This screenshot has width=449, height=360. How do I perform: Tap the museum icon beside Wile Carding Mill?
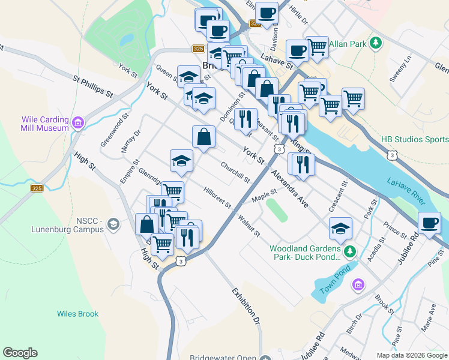[78, 124]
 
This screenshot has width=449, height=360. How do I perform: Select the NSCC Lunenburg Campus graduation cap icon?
[113, 224]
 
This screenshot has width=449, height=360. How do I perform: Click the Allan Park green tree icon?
[376, 43]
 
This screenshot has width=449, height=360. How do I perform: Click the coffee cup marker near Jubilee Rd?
[429, 223]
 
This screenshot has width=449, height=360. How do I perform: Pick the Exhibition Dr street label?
[247, 306]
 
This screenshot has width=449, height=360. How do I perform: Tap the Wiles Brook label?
[78, 314]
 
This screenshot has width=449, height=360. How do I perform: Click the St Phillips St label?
[93, 86]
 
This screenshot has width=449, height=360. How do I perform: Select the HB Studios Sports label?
[414, 140]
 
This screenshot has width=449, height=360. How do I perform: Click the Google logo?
[20, 353]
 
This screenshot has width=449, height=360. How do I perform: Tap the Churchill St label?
[235, 172]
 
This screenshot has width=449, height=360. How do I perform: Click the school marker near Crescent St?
[340, 228]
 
